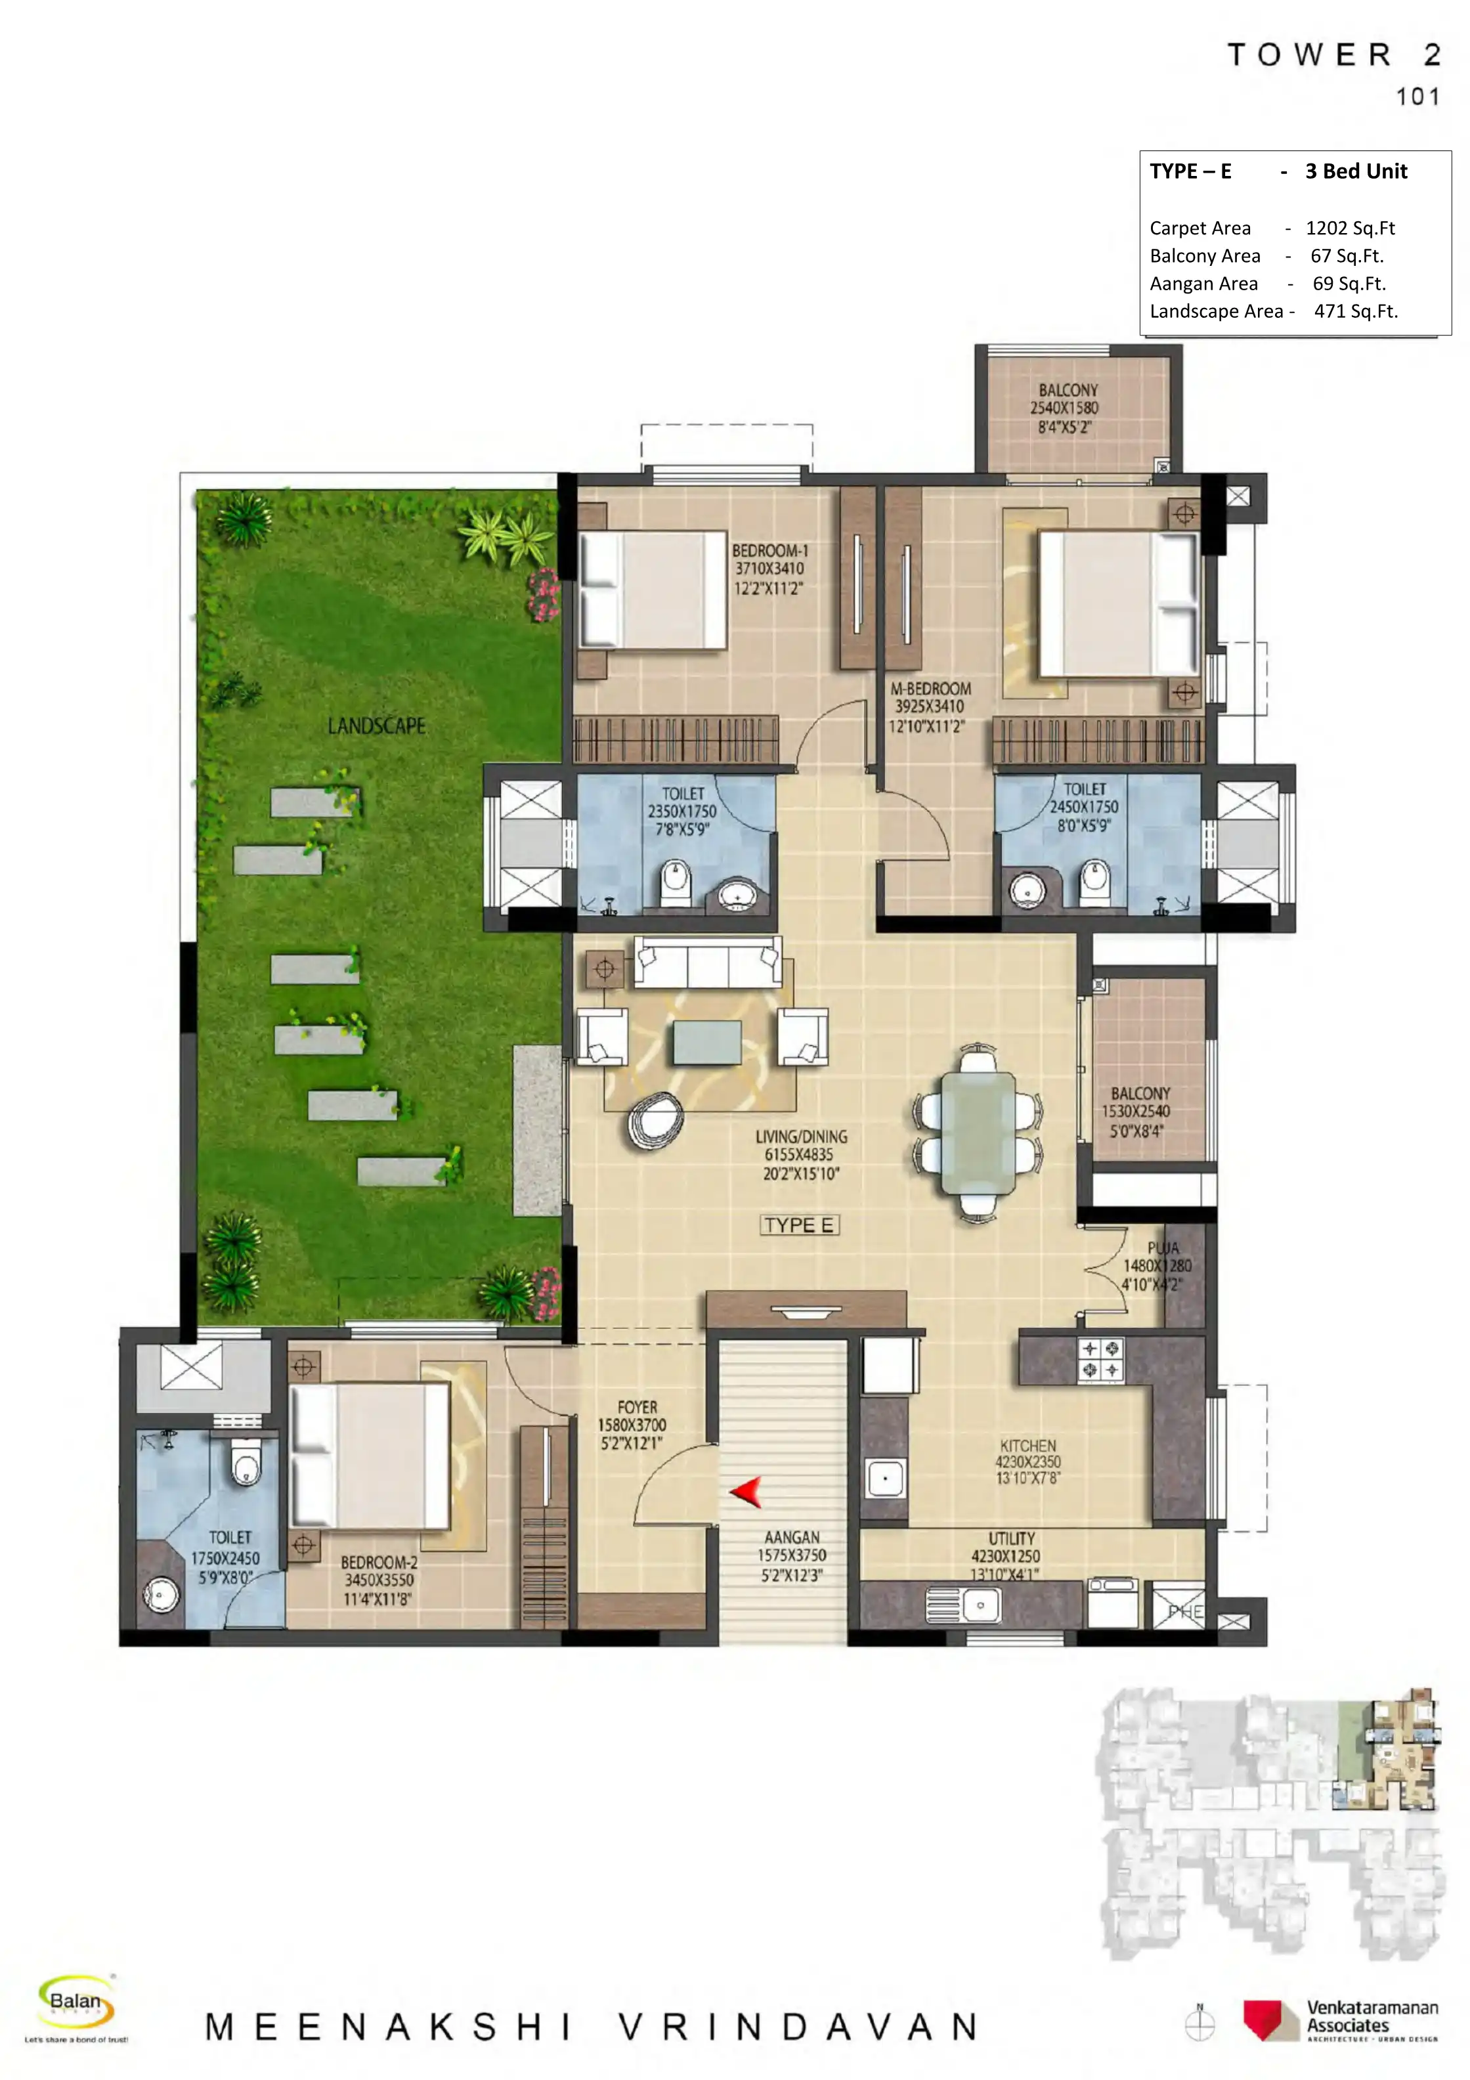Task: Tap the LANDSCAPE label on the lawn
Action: (377, 726)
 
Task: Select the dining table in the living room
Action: (978, 1133)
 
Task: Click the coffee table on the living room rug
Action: (707, 1042)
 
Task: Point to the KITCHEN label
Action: (1028, 1446)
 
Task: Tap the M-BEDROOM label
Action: (930, 689)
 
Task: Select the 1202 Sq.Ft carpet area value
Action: (1350, 228)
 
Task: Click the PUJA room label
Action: (1163, 1248)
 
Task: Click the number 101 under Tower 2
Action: (1417, 97)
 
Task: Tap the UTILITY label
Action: (1012, 1538)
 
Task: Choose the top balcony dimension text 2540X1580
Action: (1064, 408)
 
